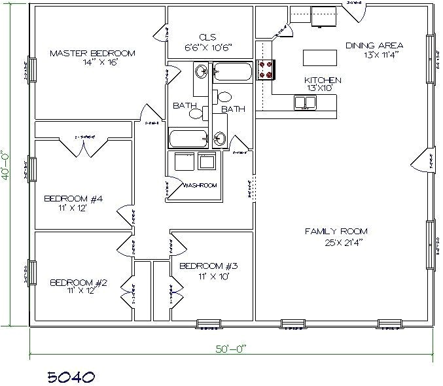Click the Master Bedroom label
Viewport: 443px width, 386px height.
click(x=92, y=53)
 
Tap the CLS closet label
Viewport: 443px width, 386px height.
click(x=209, y=37)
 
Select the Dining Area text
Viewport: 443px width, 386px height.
click(x=374, y=45)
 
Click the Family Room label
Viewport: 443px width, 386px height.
click(x=336, y=231)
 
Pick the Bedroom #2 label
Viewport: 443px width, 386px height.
click(x=78, y=283)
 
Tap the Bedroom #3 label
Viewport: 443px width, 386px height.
click(x=208, y=266)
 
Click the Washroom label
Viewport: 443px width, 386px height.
click(x=200, y=185)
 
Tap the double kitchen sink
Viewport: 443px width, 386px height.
click(x=305, y=102)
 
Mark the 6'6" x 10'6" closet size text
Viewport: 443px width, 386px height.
click(x=209, y=47)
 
